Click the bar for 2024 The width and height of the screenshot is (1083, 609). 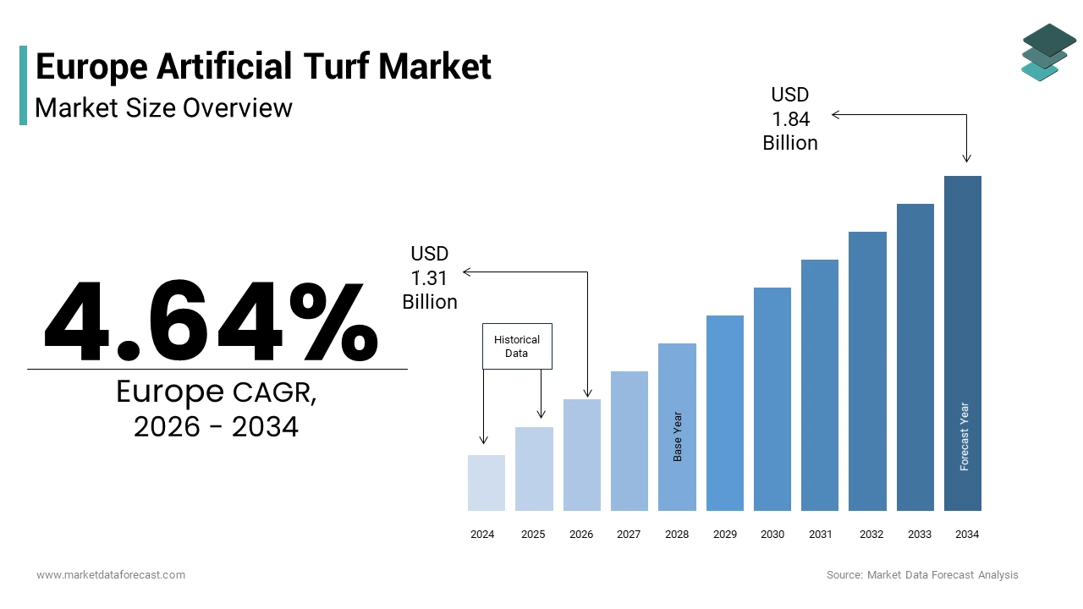[x=487, y=483]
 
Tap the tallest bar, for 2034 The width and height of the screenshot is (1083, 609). [x=963, y=343]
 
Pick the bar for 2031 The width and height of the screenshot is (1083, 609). [x=820, y=385]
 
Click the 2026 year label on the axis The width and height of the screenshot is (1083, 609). [x=581, y=535]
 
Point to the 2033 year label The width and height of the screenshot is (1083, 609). [x=920, y=535]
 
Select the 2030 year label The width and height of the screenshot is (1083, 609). [x=772, y=535]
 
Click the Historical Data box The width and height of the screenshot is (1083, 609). [x=517, y=346]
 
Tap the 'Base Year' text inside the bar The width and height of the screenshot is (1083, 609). [x=678, y=436]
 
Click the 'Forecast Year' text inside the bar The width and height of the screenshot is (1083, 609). [x=965, y=436]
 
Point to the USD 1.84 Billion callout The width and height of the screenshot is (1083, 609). [x=790, y=119]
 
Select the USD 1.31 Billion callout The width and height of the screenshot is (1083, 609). [x=430, y=277]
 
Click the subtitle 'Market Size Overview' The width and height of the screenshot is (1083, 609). [x=164, y=108]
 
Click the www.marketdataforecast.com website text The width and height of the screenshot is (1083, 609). [x=111, y=575]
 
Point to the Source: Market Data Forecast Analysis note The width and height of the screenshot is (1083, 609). [x=922, y=575]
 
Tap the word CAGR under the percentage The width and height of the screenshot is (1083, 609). [x=274, y=393]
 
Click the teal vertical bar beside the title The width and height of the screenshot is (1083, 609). [x=23, y=85]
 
